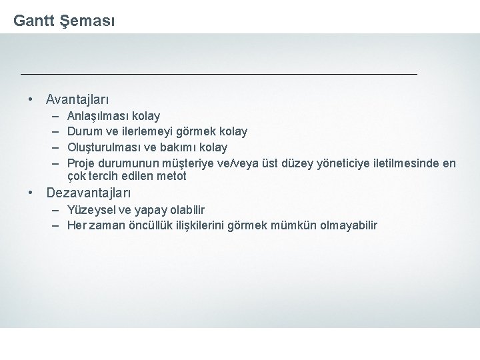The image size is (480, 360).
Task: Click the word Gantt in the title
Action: (33, 21)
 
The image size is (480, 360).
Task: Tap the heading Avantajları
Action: (77, 100)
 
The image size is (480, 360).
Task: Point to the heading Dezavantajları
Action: (89, 193)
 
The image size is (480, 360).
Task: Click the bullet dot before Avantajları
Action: (31, 100)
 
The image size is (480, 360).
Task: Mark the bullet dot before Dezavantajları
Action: (31, 193)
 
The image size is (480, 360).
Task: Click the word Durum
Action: (85, 131)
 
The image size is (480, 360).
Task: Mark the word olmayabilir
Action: (349, 225)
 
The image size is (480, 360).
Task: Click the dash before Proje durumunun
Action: (55, 163)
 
